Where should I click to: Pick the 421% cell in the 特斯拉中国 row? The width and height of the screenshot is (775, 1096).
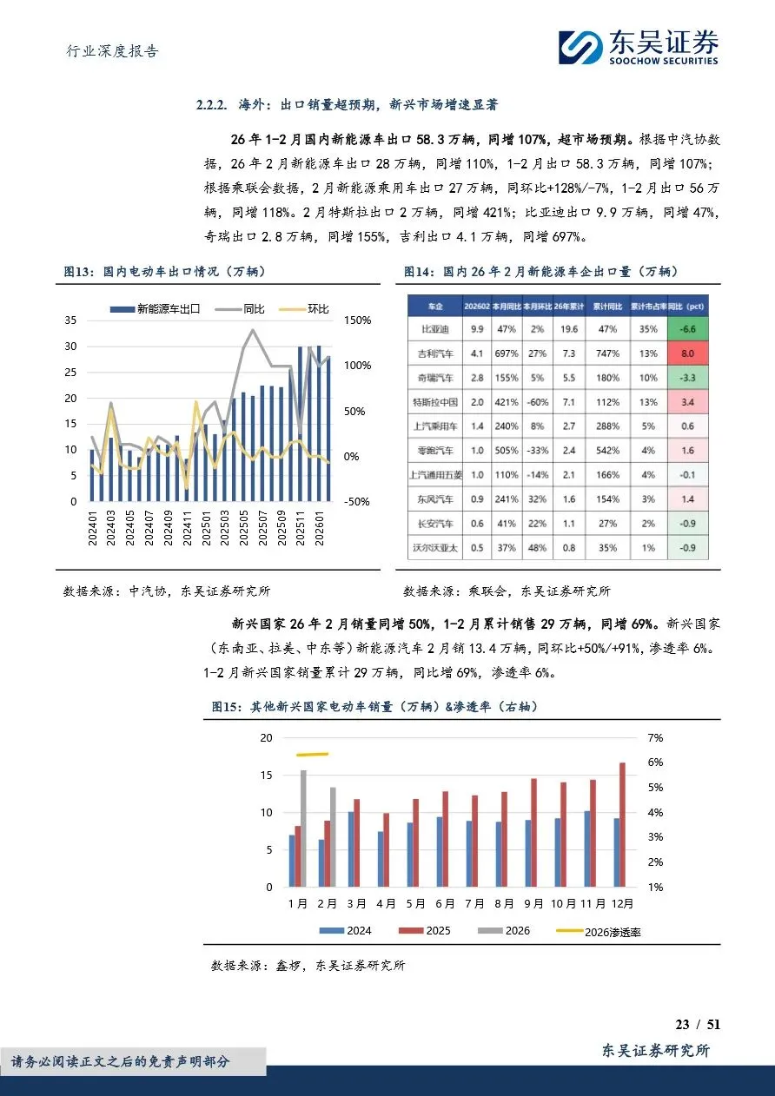(507, 402)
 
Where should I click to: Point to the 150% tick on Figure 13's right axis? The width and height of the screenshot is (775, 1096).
(357, 320)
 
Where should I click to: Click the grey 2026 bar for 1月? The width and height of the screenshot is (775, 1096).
(303, 829)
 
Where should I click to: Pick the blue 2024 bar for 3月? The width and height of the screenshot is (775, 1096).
(351, 849)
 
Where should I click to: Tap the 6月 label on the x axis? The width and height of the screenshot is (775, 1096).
(445, 903)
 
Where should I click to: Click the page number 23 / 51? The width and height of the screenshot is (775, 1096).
(698, 1025)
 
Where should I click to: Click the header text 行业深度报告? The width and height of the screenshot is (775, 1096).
(113, 51)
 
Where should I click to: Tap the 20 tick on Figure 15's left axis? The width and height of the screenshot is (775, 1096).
(267, 737)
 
